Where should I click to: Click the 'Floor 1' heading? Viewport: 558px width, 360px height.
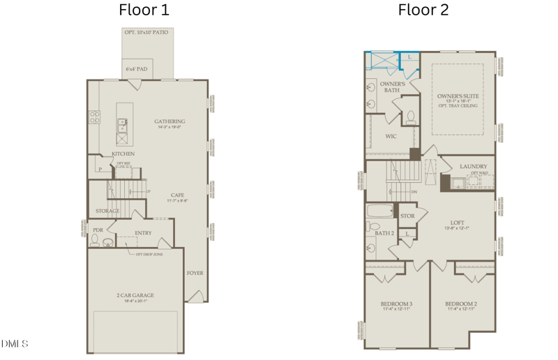tap(144, 10)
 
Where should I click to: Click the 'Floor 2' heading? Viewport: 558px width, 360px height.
tap(423, 10)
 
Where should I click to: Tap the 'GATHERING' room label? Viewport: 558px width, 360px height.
tap(169, 121)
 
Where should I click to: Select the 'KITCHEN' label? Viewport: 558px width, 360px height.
tap(123, 153)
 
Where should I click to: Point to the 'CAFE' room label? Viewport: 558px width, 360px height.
tap(177, 195)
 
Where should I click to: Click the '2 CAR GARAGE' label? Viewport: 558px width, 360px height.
tap(135, 295)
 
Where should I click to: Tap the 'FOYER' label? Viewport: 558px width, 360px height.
tap(195, 273)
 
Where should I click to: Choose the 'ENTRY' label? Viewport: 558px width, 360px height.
tap(143, 233)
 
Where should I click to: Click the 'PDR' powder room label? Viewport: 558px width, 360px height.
tap(98, 229)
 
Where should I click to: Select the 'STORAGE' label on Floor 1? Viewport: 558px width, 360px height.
tap(107, 211)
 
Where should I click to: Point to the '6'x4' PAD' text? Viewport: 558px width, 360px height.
tap(136, 69)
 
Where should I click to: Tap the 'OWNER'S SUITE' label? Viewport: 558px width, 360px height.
tap(458, 96)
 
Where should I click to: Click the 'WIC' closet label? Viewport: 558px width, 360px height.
tap(391, 136)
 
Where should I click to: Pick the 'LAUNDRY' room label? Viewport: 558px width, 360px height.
tap(474, 166)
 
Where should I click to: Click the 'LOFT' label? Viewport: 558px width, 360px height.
tap(457, 222)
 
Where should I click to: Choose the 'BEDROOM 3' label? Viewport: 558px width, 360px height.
tap(396, 304)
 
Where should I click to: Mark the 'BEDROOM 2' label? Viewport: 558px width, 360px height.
tap(461, 304)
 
